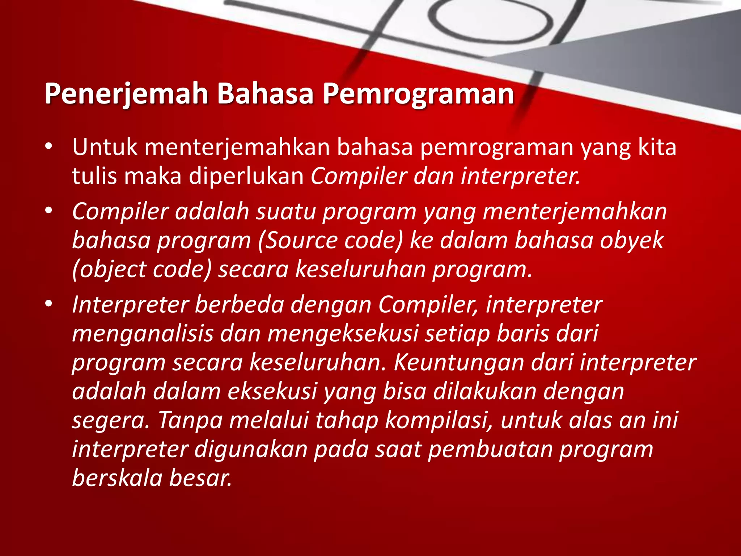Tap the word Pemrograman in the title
point(418,94)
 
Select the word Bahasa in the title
point(265,94)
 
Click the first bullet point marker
point(49,147)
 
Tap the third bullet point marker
point(49,304)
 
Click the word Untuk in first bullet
point(105,147)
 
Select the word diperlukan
point(246,176)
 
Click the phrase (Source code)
point(331,240)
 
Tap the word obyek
point(632,240)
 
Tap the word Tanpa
point(190,420)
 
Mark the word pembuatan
point(490,449)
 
